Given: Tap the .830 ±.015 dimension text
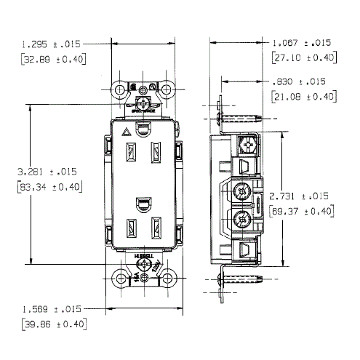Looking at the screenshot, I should [306, 81].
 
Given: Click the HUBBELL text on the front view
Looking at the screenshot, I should [143, 257].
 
